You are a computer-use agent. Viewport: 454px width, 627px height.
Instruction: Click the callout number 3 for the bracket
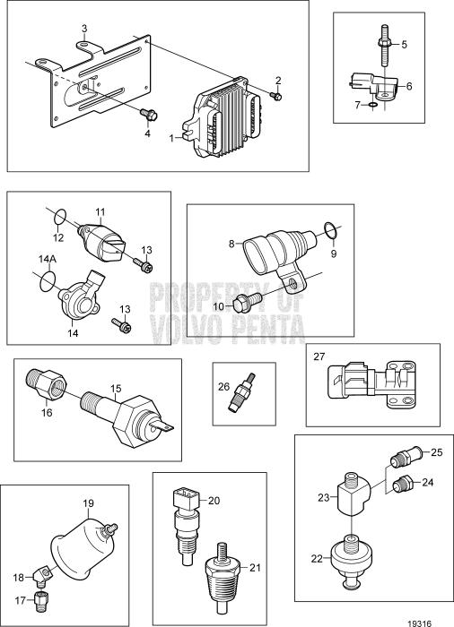click(x=83, y=29)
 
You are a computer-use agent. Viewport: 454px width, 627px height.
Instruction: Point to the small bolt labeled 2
click(x=275, y=96)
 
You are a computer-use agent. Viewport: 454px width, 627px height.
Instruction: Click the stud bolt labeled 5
click(x=384, y=44)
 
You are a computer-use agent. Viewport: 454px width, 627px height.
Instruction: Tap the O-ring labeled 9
click(x=328, y=232)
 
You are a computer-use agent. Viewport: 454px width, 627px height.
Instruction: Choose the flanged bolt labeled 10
click(x=246, y=304)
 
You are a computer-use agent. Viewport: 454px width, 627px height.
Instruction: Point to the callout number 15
click(x=113, y=388)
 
